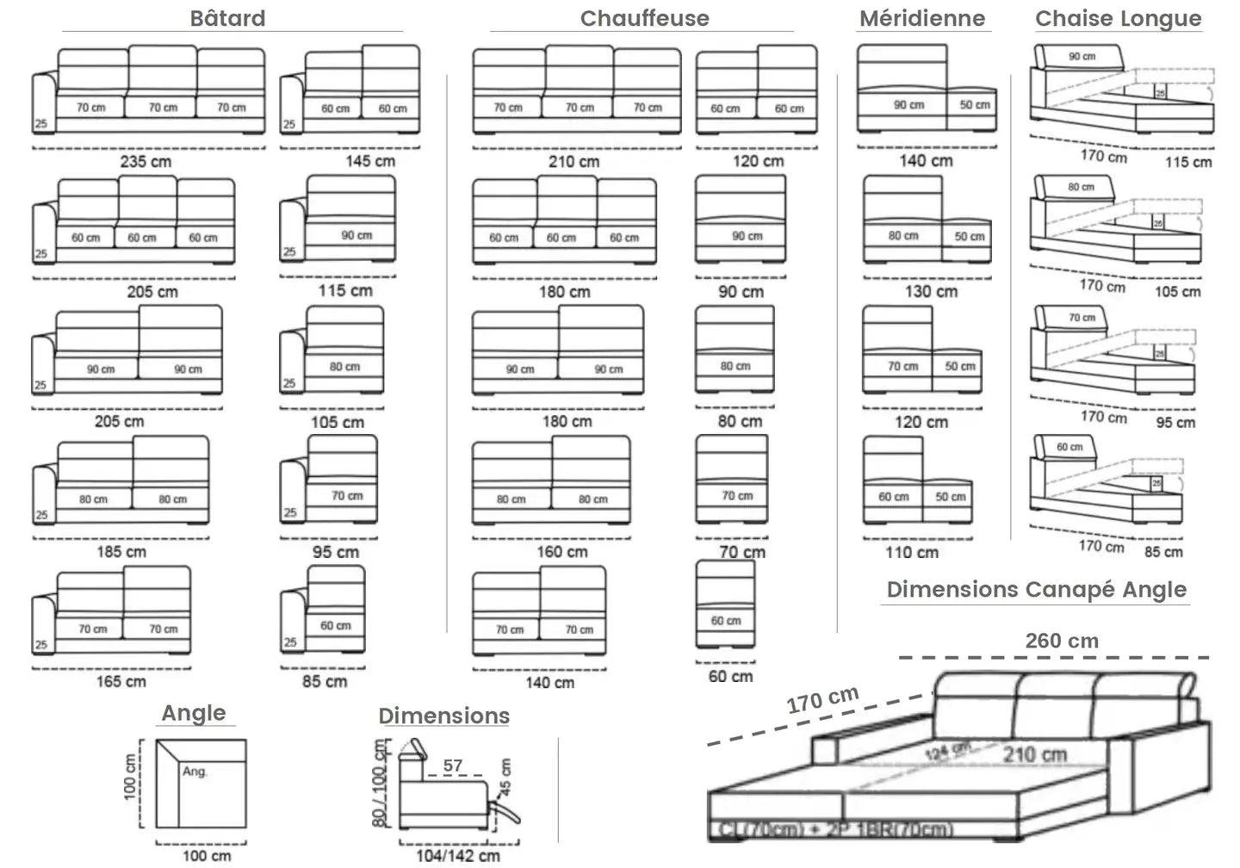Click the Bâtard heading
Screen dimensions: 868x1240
coord(227,18)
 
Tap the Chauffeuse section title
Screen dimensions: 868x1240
coord(644,18)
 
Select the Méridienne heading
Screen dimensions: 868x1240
coord(922,18)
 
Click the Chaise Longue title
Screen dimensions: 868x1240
coord(1118,18)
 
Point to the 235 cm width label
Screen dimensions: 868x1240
coord(146,161)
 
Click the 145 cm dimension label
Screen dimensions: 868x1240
coord(370,161)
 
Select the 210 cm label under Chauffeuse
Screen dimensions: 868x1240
coord(573,161)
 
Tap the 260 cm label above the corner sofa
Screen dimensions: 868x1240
coord(1062,641)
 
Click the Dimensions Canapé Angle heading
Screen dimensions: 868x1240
coord(1036,590)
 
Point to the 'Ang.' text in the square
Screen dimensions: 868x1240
coord(195,772)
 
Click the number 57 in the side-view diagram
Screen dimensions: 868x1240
coord(453,765)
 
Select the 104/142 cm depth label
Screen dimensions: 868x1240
coord(457,855)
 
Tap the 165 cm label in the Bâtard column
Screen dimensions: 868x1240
coord(121,681)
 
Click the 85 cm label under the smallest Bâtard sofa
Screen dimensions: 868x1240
coord(325,681)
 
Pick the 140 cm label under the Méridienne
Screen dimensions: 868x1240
coord(926,160)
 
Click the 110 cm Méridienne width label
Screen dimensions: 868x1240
coord(912,552)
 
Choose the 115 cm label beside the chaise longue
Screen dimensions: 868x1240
coord(1188,162)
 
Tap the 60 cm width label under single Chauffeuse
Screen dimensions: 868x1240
coord(730,676)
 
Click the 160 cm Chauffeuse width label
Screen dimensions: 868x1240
coord(562,552)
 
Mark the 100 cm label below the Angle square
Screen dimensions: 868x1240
coord(207,855)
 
